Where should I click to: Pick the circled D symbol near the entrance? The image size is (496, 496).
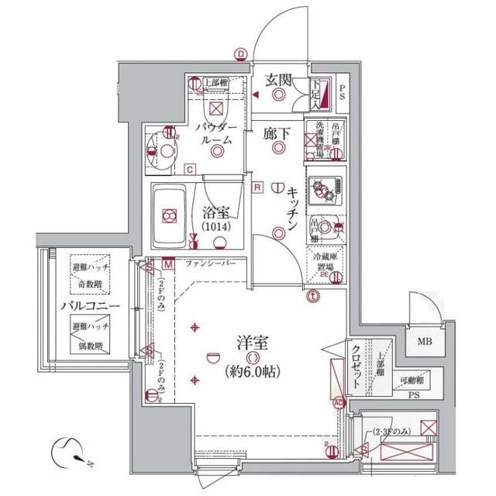pos(241,53)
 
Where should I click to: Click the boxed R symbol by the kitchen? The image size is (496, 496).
pos(256,186)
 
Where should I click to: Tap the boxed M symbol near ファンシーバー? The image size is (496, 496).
pos(168,264)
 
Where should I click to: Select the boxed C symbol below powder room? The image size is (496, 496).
pos(190,169)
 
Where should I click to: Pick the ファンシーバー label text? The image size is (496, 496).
pos(209,264)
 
